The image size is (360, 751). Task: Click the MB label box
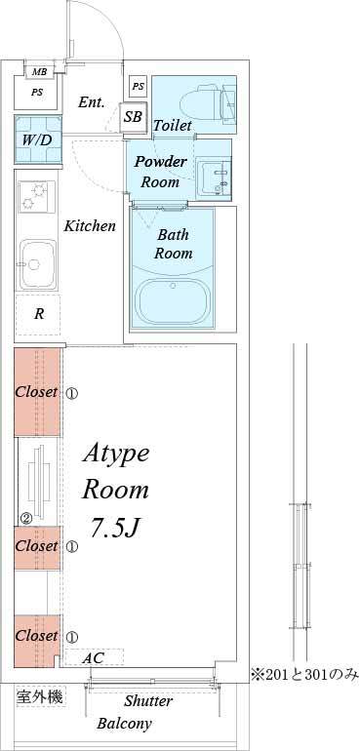coord(39,72)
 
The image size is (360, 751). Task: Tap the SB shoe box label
coord(134,116)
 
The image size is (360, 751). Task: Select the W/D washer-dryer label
coord(37,138)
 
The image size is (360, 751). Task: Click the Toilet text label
coord(172,126)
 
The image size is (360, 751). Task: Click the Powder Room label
coord(160,171)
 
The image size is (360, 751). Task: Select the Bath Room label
coord(175,244)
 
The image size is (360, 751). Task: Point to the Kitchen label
coord(90,225)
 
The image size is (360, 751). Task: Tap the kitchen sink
coord(37,260)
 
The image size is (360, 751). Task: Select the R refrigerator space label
coord(39,314)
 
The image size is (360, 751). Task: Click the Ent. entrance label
coord(92,102)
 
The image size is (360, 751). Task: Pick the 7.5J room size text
coord(116,528)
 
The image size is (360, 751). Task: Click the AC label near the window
coord(93,658)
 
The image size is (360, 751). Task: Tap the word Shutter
coord(148,700)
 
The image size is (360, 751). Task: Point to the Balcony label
coord(124,724)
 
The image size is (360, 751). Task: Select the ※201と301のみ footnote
coord(304,673)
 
